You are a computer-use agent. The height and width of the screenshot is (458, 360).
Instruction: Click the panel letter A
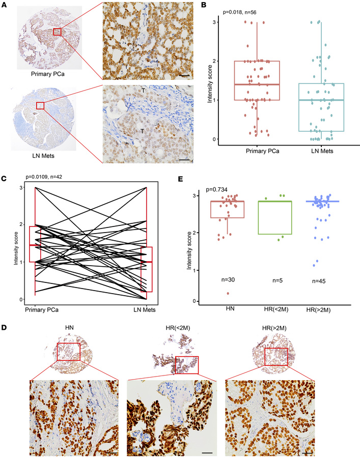click(x=5, y=5)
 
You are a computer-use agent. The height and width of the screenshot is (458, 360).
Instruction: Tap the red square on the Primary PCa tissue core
click(x=57, y=32)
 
